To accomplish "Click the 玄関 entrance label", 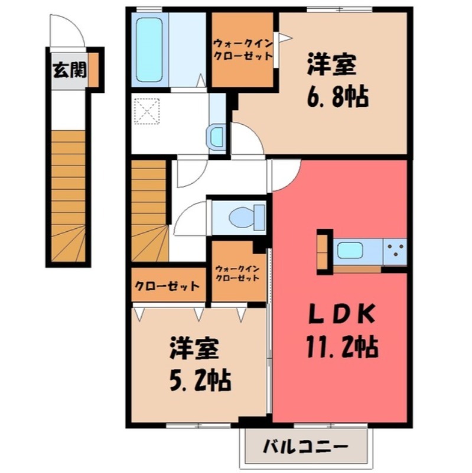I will click(x=70, y=70).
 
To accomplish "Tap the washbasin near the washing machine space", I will click(x=216, y=137).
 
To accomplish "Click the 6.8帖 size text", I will click(x=337, y=96).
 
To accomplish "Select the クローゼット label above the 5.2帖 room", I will click(x=167, y=286).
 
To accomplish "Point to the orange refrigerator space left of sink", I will click(x=323, y=251).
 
